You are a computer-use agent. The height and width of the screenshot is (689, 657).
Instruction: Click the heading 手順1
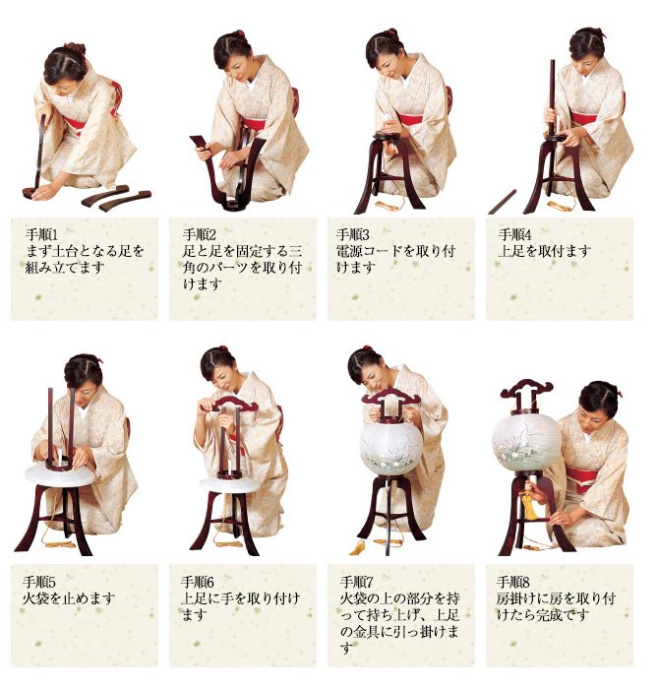41,234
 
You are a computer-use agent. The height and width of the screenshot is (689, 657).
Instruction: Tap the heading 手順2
200,234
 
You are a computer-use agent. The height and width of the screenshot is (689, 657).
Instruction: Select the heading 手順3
353,234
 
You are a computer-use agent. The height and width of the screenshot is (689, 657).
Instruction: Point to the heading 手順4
514,234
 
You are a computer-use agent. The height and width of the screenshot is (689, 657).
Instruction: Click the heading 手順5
39,583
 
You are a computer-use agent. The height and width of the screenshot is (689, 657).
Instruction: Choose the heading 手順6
197,583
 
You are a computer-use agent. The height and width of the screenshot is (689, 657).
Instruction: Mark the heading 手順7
356,583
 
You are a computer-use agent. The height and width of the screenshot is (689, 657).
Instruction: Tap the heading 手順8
513,583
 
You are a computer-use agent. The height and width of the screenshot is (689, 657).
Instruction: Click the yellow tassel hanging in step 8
527,504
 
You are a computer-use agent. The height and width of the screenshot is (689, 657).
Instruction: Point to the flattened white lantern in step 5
60,474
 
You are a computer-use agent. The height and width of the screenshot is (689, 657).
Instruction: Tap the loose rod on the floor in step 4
502,202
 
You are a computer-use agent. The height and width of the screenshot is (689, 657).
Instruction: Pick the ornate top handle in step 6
229,404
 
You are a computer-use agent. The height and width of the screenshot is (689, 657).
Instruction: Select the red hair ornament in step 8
619,392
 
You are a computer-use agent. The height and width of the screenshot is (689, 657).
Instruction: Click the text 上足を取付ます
545,251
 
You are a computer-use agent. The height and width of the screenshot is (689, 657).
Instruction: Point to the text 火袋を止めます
69,598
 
